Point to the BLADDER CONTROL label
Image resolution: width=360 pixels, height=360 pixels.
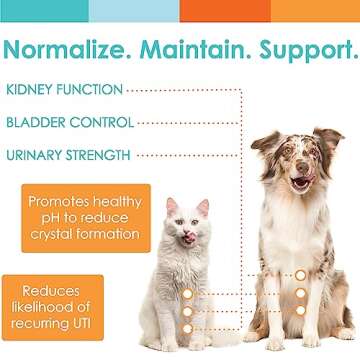point(70,122)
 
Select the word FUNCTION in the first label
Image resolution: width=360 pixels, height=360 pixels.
point(96,90)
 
